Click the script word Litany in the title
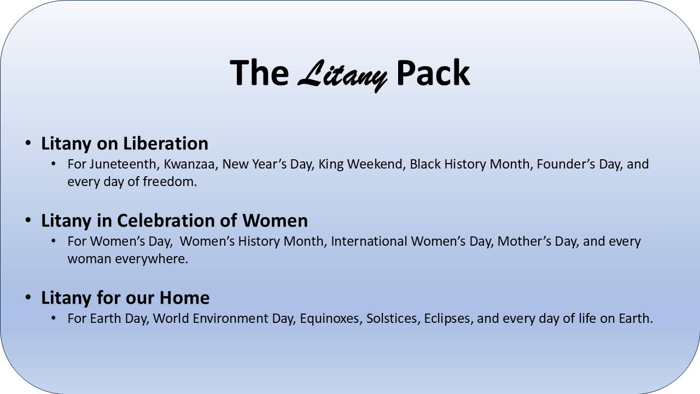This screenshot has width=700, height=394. point(342,75)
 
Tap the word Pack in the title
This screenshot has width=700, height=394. point(434,73)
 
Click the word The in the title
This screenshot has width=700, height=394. point(259,73)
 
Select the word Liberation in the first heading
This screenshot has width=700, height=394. point(166,143)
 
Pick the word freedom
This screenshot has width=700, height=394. point(170,182)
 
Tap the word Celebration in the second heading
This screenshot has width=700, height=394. point(166,221)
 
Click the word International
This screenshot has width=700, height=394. point(369,241)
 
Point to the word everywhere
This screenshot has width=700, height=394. point(151,259)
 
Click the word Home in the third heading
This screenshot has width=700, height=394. point(184,297)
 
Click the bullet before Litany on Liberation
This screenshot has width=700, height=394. point(28,143)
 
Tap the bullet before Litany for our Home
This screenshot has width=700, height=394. point(28,297)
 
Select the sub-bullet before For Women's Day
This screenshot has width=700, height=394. point(54,241)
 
